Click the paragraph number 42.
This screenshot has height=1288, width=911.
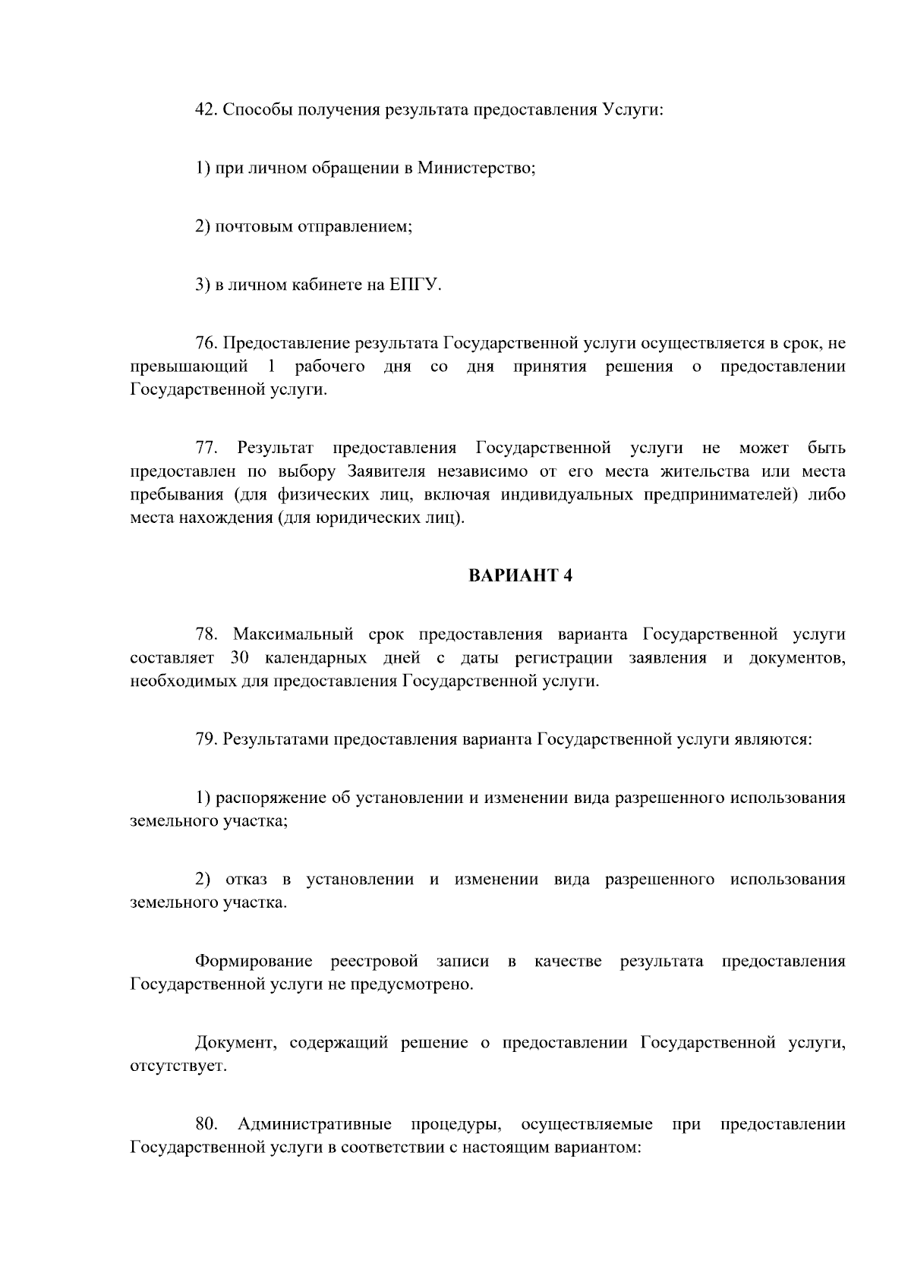coord(206,109)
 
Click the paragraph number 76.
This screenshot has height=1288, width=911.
coord(206,344)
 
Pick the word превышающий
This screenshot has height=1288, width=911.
coord(189,367)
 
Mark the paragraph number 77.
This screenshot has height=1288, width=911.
coord(207,448)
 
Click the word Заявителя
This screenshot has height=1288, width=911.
coord(384,471)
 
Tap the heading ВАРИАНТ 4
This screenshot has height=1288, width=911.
coord(520,576)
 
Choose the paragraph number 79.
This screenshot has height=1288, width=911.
coord(206,738)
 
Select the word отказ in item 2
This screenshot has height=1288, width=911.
coord(246,880)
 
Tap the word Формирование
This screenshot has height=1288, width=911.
coord(254,962)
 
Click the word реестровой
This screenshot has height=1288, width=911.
coord(374,962)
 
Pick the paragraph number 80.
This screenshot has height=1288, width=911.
coord(207,1124)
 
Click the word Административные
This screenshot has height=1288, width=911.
coord(315,1124)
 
